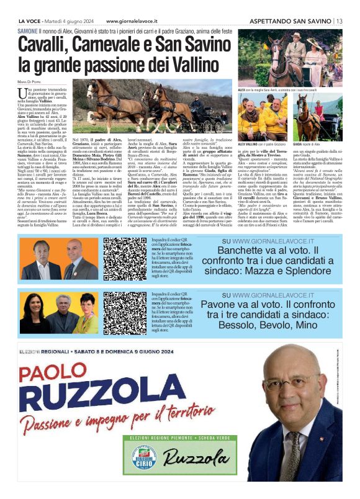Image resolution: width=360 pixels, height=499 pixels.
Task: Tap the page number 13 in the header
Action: [x=338, y=20]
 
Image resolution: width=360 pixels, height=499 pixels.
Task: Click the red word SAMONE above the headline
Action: [x=30, y=30]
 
